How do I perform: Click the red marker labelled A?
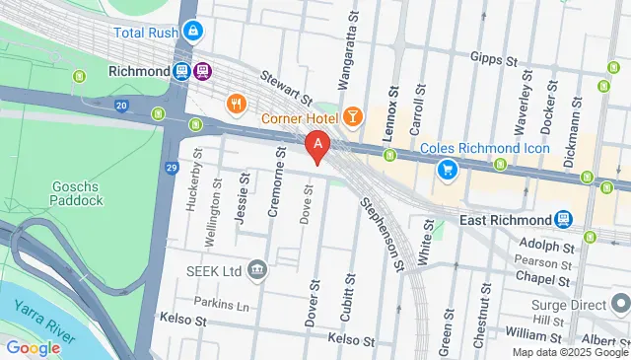pyautogui.click(x=317, y=147)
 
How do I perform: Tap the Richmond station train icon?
pyautogui.click(x=182, y=71)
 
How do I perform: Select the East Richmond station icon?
pyautogui.click(x=563, y=219)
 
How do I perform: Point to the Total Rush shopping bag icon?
pyautogui.click(x=194, y=33)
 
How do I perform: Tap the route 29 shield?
pyautogui.click(x=172, y=169)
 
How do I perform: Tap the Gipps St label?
pyautogui.click(x=494, y=58)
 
